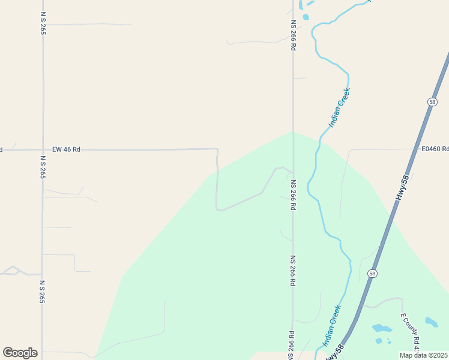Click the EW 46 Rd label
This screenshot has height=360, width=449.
pyautogui.click(x=66, y=149)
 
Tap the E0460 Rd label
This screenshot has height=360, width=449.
pyautogui.click(x=435, y=149)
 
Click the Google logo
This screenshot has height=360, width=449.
pyautogui.click(x=20, y=353)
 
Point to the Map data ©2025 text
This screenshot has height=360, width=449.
pyautogui.click(x=424, y=355)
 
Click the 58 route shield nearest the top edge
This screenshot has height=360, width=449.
pyautogui.click(x=432, y=102)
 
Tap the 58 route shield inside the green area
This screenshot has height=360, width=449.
pyautogui.click(x=373, y=274)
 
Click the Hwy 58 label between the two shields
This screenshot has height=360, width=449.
pyautogui.click(x=405, y=187)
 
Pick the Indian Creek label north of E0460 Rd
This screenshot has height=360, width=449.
pyautogui.click(x=339, y=108)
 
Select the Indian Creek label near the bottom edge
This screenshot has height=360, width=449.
pyautogui.click(x=331, y=325)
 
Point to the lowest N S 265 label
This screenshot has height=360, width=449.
pyautogui.click(x=42, y=292)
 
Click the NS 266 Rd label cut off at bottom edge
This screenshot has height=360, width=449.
pyautogui.click(x=291, y=346)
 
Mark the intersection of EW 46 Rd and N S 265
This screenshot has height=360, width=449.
pyautogui.click(x=43, y=149)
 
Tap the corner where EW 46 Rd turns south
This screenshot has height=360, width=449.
pyautogui.click(x=217, y=149)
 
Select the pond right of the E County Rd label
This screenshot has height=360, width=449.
pyautogui.click(x=431, y=322)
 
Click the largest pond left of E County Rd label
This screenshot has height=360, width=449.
pyautogui.click(x=382, y=328)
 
